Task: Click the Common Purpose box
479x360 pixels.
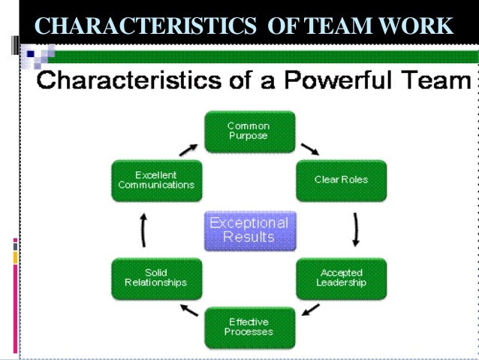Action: [249, 131]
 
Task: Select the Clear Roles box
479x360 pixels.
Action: [341, 180]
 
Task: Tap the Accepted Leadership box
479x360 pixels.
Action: [341, 278]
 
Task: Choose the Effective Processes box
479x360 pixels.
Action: [249, 328]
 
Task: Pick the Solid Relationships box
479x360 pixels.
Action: [156, 278]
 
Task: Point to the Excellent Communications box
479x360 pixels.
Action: [156, 180]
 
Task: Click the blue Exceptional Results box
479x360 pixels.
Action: [249, 231]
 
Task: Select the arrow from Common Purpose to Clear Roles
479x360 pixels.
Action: [309, 147]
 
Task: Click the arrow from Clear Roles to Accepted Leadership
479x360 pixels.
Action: [356, 229]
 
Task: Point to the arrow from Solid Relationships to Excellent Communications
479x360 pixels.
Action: [143, 229]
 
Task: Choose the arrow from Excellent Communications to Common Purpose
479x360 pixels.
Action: [188, 147]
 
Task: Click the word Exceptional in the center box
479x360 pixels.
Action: [249, 223]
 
